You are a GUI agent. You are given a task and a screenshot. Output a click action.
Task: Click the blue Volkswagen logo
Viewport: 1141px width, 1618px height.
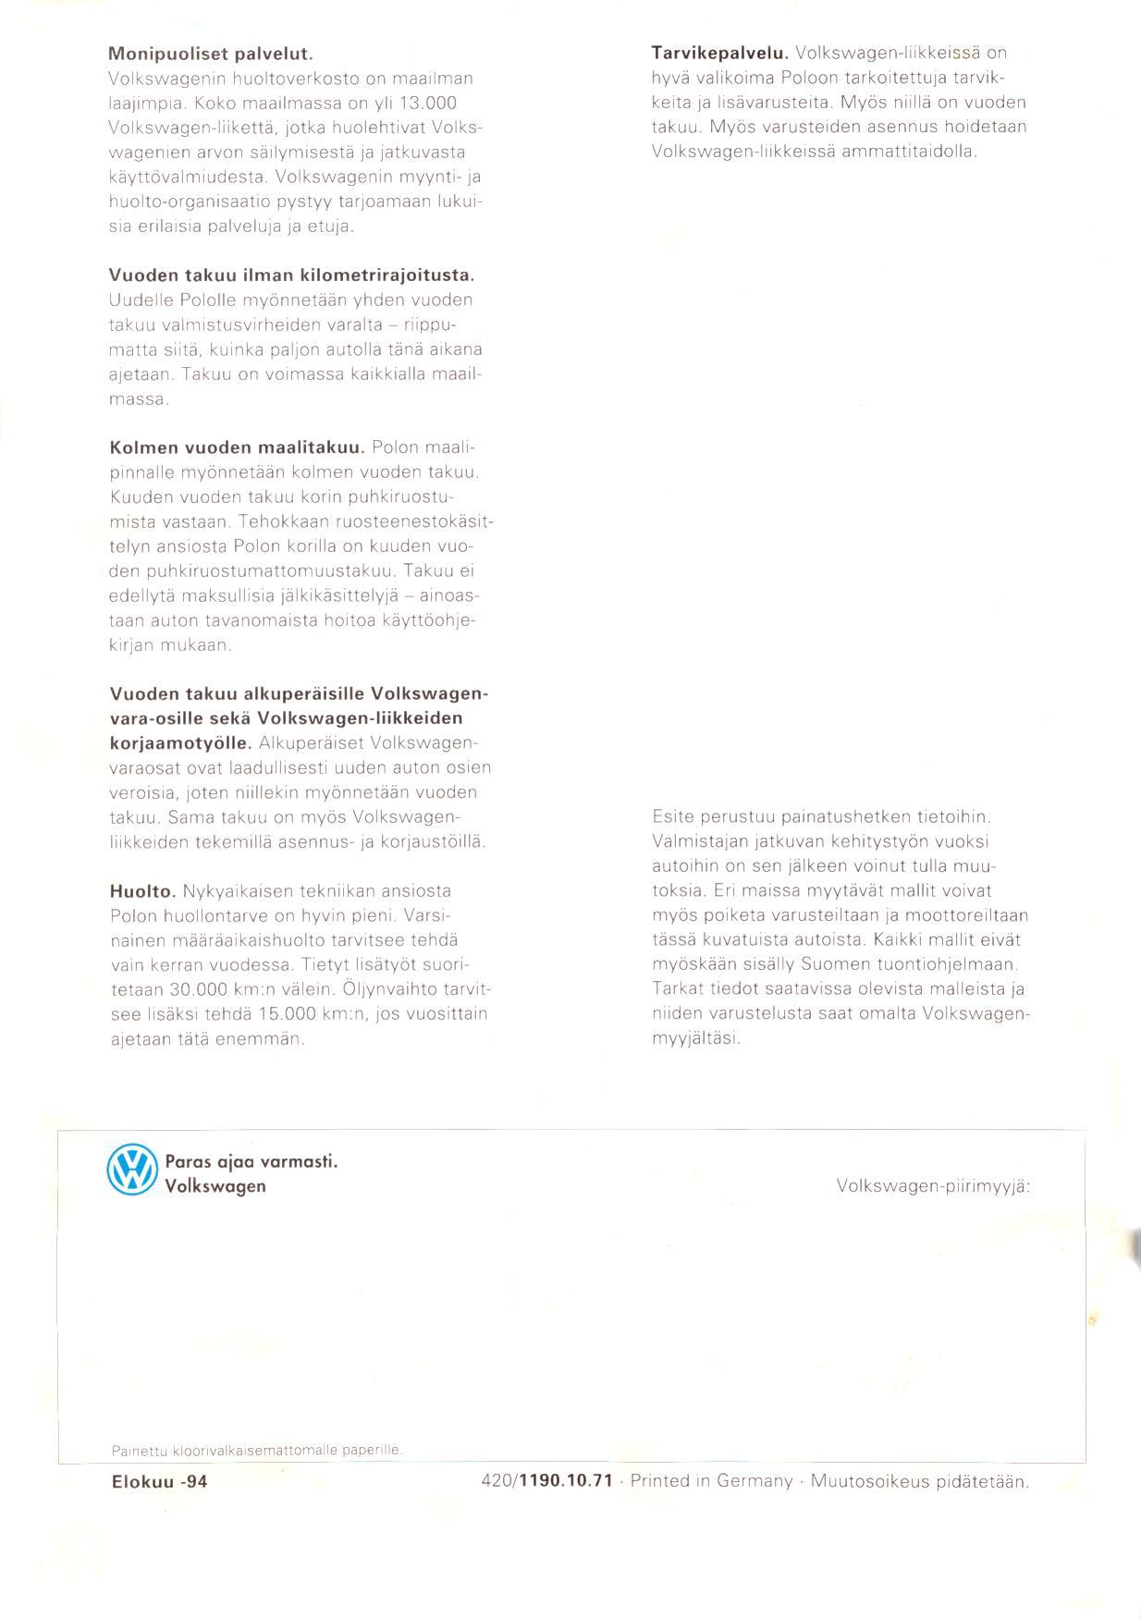pos(133,1171)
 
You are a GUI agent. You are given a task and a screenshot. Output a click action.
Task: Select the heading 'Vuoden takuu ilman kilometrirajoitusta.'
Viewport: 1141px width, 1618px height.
pos(291,276)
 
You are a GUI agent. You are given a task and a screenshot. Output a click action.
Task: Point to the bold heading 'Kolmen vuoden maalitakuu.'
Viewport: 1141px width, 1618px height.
pos(237,448)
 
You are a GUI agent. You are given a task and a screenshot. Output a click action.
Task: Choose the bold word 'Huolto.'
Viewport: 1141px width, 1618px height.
pos(142,892)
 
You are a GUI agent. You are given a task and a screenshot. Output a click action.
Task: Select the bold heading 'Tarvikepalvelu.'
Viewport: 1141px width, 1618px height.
pos(719,53)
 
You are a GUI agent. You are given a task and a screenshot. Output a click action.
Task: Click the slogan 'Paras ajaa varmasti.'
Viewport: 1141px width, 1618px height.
pos(252,1162)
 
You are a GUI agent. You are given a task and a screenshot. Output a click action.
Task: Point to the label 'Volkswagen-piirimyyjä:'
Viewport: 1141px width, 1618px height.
pos(932,1185)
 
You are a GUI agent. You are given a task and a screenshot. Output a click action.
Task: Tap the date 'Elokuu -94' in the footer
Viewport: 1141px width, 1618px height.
pos(159,1481)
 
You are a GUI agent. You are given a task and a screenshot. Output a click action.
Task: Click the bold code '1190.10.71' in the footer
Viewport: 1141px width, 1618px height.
pos(567,1481)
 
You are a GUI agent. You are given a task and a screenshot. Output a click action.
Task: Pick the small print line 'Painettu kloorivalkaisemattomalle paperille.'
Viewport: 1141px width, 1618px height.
pos(257,1450)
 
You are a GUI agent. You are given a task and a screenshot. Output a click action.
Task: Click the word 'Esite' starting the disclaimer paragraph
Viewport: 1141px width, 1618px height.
pos(672,818)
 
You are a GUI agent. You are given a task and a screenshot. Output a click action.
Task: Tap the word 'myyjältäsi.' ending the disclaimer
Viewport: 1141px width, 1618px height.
pos(696,1039)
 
